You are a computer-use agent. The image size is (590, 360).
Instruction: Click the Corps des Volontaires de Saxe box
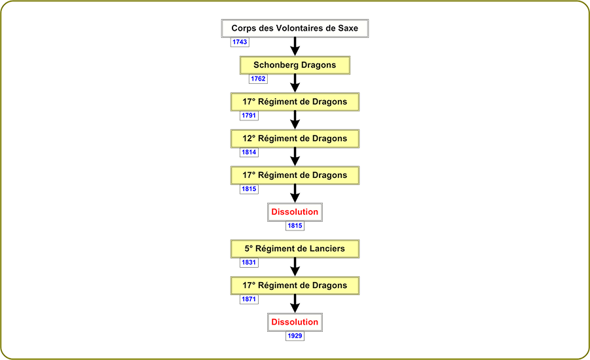coord(295,28)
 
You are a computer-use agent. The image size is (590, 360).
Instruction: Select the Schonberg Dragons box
coord(295,65)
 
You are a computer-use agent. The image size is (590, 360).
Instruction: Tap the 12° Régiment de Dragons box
coord(295,138)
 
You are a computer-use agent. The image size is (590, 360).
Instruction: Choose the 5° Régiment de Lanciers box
coord(295,249)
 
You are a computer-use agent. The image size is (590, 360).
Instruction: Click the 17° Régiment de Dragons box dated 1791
coord(295,101)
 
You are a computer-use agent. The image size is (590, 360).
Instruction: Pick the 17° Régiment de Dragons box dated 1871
coord(295,285)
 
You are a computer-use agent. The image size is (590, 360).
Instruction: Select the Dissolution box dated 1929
coord(295,322)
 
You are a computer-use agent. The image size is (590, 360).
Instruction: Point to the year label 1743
coord(240,42)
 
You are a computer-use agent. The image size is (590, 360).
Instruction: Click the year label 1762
coord(258,79)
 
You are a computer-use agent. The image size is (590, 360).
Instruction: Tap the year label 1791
coord(249,115)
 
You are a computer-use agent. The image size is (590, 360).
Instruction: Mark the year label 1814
coord(249,152)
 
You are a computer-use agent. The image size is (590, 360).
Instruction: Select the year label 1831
coord(249,262)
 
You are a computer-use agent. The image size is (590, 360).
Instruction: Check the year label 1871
coord(249,299)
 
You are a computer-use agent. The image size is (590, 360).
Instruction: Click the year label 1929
coord(295,336)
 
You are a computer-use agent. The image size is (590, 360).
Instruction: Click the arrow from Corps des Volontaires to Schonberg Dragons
coord(295,46)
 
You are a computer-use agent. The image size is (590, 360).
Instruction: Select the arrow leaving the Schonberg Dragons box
coord(295,83)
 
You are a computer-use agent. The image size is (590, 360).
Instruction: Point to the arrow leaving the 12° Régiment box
coord(295,157)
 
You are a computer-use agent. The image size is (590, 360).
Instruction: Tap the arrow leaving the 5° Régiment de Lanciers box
coord(295,267)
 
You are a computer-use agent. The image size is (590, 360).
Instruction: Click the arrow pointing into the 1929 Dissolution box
coord(295,304)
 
